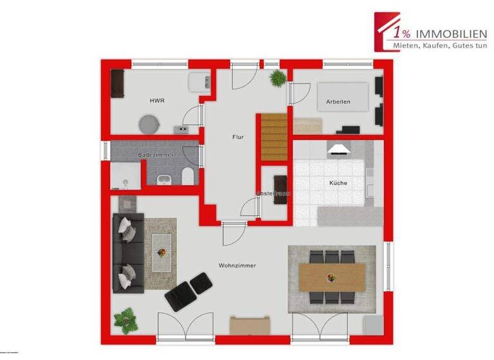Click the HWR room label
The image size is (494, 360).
(x=156, y=101)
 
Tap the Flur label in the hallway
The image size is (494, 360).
(x=238, y=137)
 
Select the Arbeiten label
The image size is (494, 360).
(x=338, y=102)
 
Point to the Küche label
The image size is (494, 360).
(x=338, y=183)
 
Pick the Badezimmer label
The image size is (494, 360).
(x=156, y=156)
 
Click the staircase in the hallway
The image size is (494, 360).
(x=273, y=137)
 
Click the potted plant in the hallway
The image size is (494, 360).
(x=278, y=78)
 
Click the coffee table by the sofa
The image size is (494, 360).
(x=160, y=244)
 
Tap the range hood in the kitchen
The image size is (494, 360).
(x=339, y=150)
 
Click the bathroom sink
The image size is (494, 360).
(x=164, y=178)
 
